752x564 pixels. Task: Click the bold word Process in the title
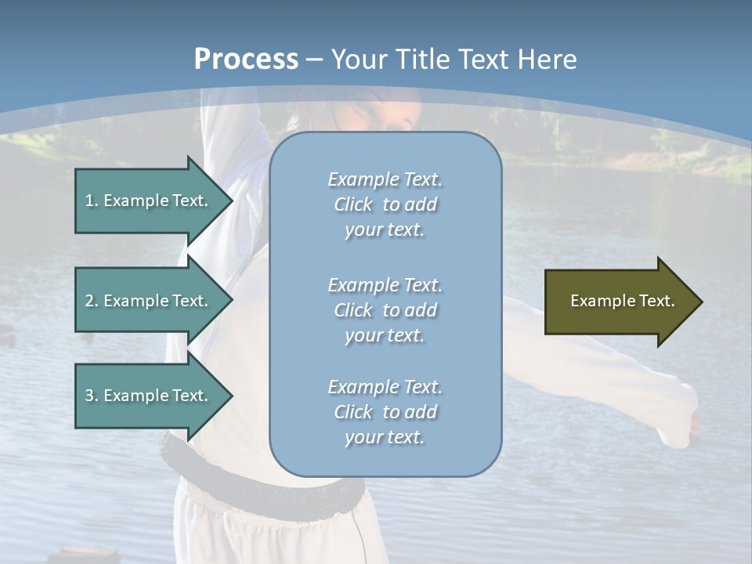tap(246, 60)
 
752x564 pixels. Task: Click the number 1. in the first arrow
tap(91, 201)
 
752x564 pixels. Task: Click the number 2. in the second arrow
tap(91, 301)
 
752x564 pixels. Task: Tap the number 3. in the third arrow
tap(91, 396)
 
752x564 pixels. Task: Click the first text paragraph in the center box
tap(385, 204)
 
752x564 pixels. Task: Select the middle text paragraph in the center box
tap(385, 310)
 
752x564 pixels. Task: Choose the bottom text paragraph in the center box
tap(385, 412)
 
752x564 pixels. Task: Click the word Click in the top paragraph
tap(353, 204)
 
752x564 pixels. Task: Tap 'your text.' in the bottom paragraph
tap(385, 437)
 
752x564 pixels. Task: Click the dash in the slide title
tap(314, 60)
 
